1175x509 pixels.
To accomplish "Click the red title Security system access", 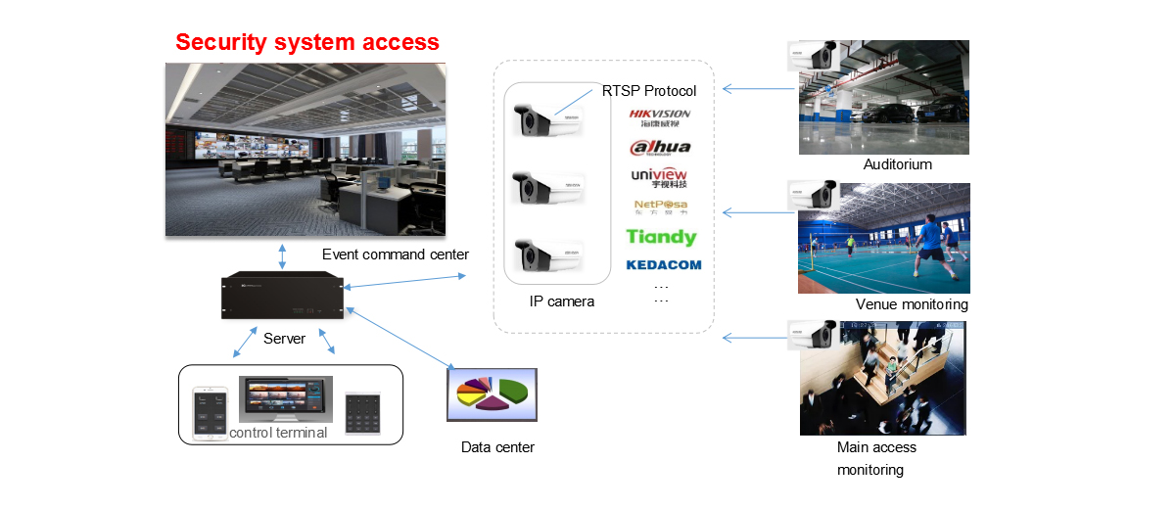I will [307, 42].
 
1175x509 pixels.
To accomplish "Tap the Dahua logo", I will [660, 148].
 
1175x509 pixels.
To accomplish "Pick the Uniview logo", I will [660, 177].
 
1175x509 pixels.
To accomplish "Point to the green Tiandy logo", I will [661, 237].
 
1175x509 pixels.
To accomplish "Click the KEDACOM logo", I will [664, 265].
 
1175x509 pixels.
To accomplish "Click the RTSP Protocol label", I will [649, 91].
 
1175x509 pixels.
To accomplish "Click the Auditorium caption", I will [897, 164].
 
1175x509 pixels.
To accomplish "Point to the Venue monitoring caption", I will [912, 304].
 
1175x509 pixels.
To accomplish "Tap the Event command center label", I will [396, 254].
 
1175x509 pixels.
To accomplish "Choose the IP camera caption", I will [562, 301].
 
